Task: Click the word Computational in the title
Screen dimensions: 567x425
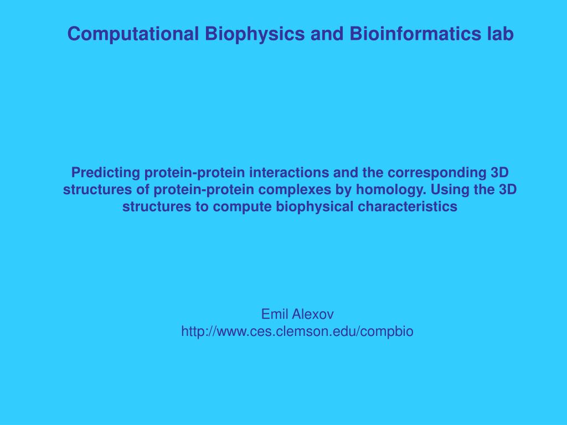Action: [x=133, y=34]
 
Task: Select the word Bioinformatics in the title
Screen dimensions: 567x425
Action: [x=413, y=34]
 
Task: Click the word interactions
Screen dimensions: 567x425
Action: [x=289, y=173]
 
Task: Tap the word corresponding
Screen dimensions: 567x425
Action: [x=437, y=173]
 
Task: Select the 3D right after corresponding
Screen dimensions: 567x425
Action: [x=500, y=173]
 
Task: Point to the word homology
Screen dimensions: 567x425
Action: [x=391, y=190]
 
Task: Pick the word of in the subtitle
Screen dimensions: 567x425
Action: [x=143, y=189]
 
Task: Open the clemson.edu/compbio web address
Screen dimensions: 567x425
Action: [x=297, y=331]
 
